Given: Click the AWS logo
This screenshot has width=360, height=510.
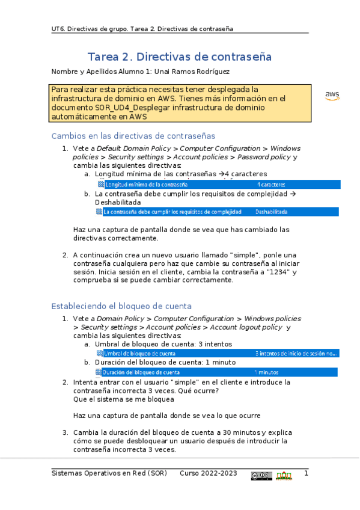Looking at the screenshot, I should click(332, 96).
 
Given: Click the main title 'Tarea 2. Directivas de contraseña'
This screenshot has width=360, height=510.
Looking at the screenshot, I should click(180, 57).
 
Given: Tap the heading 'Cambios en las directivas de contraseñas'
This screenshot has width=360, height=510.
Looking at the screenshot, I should click(133, 136).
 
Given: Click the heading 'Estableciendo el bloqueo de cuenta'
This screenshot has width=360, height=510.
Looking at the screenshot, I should click(122, 306).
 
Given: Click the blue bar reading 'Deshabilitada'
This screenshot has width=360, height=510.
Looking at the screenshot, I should click(271, 212).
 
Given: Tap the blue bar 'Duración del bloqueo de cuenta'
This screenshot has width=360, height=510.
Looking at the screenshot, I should click(216, 372).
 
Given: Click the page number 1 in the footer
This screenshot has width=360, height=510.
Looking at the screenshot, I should click(306, 474).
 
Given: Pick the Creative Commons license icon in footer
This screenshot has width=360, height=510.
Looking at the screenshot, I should click(261, 476).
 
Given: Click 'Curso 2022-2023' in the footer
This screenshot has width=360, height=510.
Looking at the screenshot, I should click(208, 474).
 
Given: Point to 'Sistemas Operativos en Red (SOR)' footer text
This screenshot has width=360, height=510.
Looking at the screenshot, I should click(109, 474).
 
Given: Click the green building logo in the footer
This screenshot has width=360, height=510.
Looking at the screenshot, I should click(284, 476).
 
